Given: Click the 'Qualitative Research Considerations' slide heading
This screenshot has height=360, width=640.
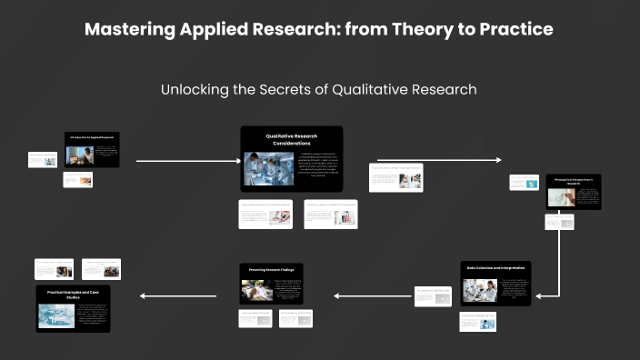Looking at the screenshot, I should (291, 139).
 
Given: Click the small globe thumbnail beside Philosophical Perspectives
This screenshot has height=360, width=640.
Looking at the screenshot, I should (524, 183).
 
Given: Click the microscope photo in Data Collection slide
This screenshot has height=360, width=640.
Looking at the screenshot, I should (479, 289).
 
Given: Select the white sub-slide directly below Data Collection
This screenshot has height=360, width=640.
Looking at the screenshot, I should (477, 322).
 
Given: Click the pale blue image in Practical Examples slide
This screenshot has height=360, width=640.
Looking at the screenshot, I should (56, 315).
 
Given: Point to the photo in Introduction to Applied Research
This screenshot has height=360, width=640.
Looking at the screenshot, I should (80, 155).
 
